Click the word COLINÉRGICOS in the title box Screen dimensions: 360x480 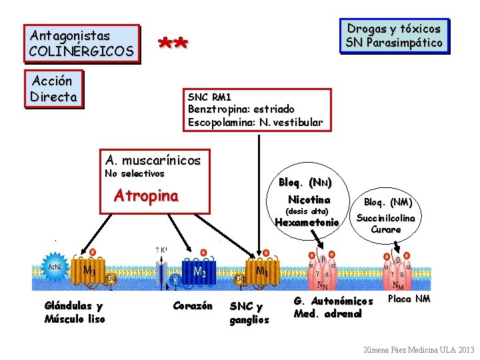point(82,51)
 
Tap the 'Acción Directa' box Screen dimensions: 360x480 point(53,89)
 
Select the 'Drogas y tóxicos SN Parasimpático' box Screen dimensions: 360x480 point(394,36)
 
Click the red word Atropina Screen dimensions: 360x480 point(146,196)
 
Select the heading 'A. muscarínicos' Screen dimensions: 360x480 point(153,160)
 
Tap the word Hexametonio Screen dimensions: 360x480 point(307,223)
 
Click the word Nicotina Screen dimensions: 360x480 point(309,200)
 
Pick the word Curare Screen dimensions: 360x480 point(386,229)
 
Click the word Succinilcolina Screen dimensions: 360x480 point(386,218)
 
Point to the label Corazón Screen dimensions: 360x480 point(192,306)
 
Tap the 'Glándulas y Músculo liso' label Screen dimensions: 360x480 point(74,312)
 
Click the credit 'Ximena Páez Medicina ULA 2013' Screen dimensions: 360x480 point(417,349)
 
